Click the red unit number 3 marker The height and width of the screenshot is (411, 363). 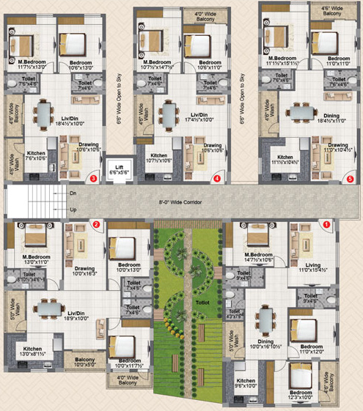click(x=92, y=177)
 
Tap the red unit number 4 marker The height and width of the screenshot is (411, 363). click(x=217, y=177)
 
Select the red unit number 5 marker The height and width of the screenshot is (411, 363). click(x=349, y=177)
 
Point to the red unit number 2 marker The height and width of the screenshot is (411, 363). click(x=95, y=224)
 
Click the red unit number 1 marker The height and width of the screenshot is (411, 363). click(x=326, y=225)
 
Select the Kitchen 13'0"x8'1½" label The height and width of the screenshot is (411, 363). click(x=32, y=352)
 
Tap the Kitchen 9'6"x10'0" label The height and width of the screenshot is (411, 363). click(x=246, y=383)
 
